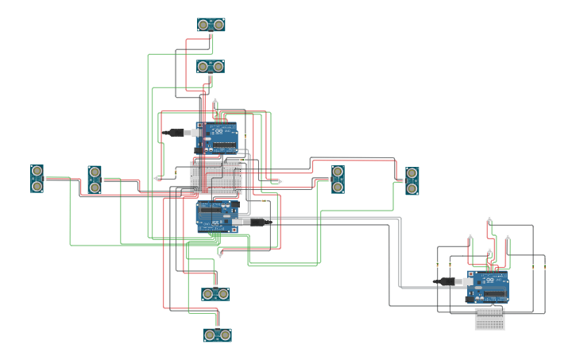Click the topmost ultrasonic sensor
pyautogui.click(x=211, y=25)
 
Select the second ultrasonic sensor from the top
pyautogui.click(x=211, y=66)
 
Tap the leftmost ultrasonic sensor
pyautogui.click(x=37, y=179)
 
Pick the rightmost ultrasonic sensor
pyautogui.click(x=412, y=180)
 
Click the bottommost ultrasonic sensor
pyautogui.click(x=217, y=335)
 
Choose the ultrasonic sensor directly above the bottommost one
pyautogui.click(x=215, y=294)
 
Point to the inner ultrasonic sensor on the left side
pyautogui.click(x=95, y=180)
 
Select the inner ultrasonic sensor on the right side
pyautogui.click(x=338, y=180)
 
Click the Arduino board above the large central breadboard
pyautogui.click(x=217, y=137)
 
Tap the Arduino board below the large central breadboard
pyautogui.click(x=217, y=216)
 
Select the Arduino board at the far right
pyautogui.click(x=488, y=287)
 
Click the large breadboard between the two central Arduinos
pyautogui.click(x=216, y=176)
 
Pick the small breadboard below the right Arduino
pyautogui.click(x=489, y=319)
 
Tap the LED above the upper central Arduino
pyautogui.click(x=215, y=100)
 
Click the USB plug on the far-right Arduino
pyautogui.click(x=444, y=281)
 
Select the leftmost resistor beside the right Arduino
pyautogui.click(x=437, y=265)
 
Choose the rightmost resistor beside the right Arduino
pyautogui.click(x=545, y=268)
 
